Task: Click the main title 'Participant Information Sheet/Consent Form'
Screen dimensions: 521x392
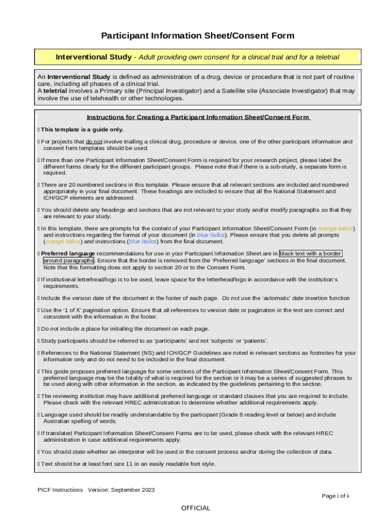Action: pyautogui.click(x=198, y=36)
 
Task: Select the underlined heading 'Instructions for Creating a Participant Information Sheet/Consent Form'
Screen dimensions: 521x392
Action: pyautogui.click(x=199, y=117)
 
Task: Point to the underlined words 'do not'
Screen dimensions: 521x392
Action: pyautogui.click(x=94, y=141)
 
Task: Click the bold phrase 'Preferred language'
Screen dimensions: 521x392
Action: pyautogui.click(x=68, y=253)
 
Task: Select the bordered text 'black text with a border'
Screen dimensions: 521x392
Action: pyautogui.click(x=311, y=253)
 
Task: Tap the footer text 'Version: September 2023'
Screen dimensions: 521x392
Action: pyautogui.click(x=121, y=490)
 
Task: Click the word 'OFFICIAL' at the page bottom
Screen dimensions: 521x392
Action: pyautogui.click(x=195, y=508)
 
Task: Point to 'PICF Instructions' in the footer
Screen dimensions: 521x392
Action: pyautogui.click(x=60, y=490)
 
